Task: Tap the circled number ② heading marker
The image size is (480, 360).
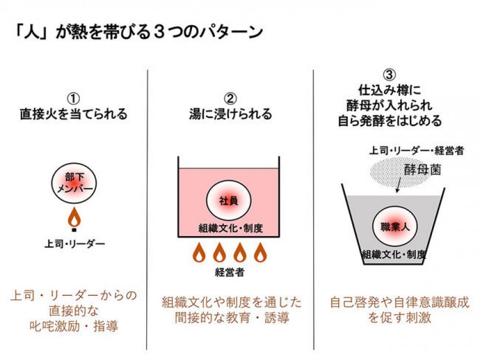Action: (x=229, y=96)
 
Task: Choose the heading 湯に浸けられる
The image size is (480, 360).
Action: (x=230, y=114)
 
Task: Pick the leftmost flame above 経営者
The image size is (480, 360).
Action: (x=199, y=253)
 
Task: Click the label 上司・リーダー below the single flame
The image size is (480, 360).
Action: (x=75, y=243)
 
